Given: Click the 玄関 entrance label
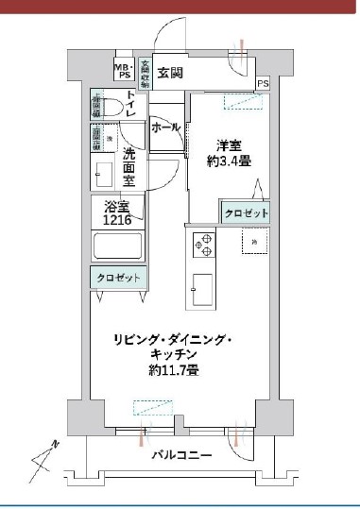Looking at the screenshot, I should pos(170,73).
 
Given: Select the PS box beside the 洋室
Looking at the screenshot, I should pos(262,83).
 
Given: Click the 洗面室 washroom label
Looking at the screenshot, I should pos(129,168).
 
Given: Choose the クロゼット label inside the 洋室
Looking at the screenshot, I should pos(246,214).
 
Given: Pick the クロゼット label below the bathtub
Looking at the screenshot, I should pos(118,278).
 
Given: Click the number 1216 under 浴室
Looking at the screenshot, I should pos(117,220).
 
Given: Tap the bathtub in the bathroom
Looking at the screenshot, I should pos(117,247).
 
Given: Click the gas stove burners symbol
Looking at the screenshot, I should pos(203,244).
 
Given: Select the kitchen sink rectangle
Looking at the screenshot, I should pos(202,286).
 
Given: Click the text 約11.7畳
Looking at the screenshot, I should pos(173,371).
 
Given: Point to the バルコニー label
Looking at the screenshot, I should pos(181,455).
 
